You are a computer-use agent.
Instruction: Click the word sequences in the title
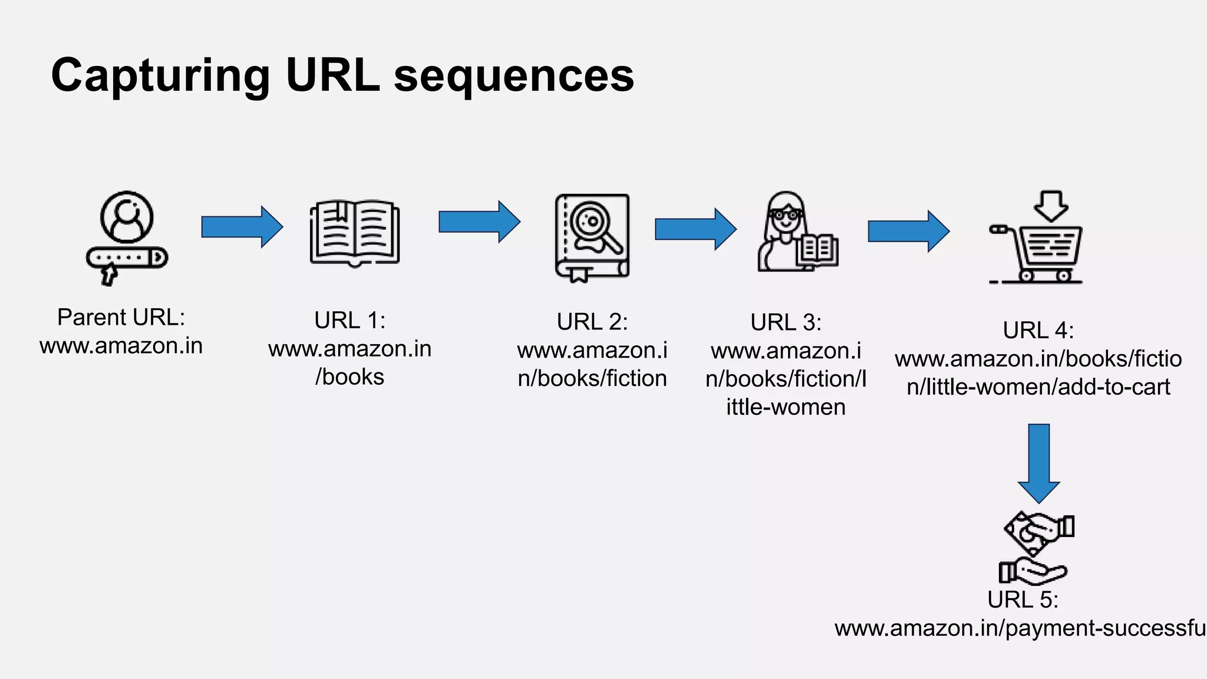click(x=513, y=77)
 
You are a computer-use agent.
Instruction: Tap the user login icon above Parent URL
click(x=127, y=238)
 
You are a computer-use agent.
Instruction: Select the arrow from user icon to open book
click(x=242, y=226)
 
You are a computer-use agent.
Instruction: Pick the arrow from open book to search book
click(x=479, y=222)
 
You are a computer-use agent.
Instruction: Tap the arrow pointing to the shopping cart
click(x=908, y=231)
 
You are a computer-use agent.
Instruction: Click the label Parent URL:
click(x=121, y=318)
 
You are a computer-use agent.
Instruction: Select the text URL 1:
click(x=349, y=321)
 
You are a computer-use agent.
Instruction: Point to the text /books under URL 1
click(x=349, y=377)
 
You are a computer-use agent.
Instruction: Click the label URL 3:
click(x=786, y=323)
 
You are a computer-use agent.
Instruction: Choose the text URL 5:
click(x=1023, y=600)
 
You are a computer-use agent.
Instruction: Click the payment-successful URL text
click(x=1020, y=629)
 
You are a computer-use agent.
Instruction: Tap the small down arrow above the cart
click(x=1051, y=206)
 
